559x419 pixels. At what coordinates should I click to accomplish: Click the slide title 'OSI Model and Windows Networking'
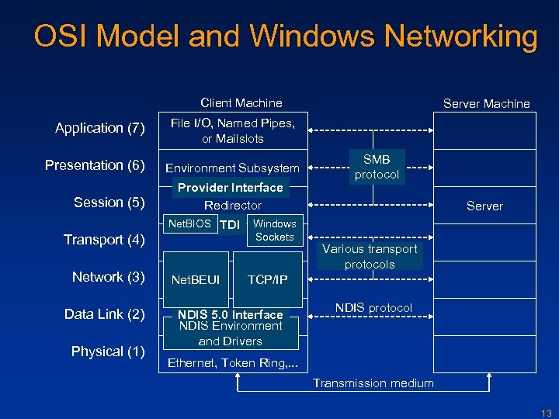[285, 36]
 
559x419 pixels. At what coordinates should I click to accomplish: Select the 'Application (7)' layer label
[100, 128]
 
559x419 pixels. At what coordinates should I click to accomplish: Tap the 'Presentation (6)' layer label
[95, 165]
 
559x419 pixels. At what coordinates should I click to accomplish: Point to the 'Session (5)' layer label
[109, 203]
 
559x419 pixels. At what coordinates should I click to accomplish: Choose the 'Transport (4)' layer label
[105, 240]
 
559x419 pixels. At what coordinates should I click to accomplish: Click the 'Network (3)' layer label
[109, 277]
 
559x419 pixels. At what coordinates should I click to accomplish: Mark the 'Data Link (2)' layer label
[105, 314]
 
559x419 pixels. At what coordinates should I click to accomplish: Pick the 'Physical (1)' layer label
[108, 351]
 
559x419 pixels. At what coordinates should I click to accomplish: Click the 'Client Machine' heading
[241, 103]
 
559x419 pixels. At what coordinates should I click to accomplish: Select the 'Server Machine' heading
[486, 104]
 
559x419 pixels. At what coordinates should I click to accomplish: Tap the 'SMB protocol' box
[377, 167]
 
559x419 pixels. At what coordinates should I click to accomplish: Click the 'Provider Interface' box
[231, 188]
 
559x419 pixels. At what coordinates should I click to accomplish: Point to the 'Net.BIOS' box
[190, 224]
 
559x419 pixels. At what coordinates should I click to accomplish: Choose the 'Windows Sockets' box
[274, 230]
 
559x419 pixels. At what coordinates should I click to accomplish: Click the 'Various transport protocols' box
[370, 256]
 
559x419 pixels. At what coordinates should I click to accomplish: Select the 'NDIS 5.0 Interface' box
[231, 314]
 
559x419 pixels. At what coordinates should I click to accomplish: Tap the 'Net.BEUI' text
[196, 279]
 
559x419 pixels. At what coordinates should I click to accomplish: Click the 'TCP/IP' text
[267, 279]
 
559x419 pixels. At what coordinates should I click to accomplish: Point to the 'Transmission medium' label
[373, 383]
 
